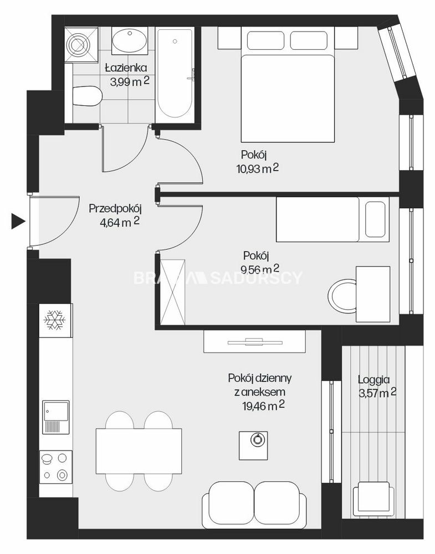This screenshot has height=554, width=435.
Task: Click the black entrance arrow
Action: [18, 222]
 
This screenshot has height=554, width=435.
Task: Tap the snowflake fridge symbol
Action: [55, 320]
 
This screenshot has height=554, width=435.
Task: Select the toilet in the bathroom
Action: [88, 96]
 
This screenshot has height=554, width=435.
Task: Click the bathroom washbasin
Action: [129, 41]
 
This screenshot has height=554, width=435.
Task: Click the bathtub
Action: [175, 74]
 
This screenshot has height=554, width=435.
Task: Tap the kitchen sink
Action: [56, 417]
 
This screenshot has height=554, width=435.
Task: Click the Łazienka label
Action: [126, 68]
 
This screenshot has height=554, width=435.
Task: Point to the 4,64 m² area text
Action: [120, 222]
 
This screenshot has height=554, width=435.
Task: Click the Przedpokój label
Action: [115, 208]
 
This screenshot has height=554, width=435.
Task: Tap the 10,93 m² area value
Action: [258, 168]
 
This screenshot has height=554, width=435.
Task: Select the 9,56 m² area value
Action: [260, 269]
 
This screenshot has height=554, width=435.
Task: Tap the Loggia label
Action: [374, 379]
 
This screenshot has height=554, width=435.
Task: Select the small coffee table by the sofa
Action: [253, 445]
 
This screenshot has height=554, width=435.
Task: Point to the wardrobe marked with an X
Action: [172, 292]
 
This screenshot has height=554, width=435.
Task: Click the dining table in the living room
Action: [139, 451]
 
